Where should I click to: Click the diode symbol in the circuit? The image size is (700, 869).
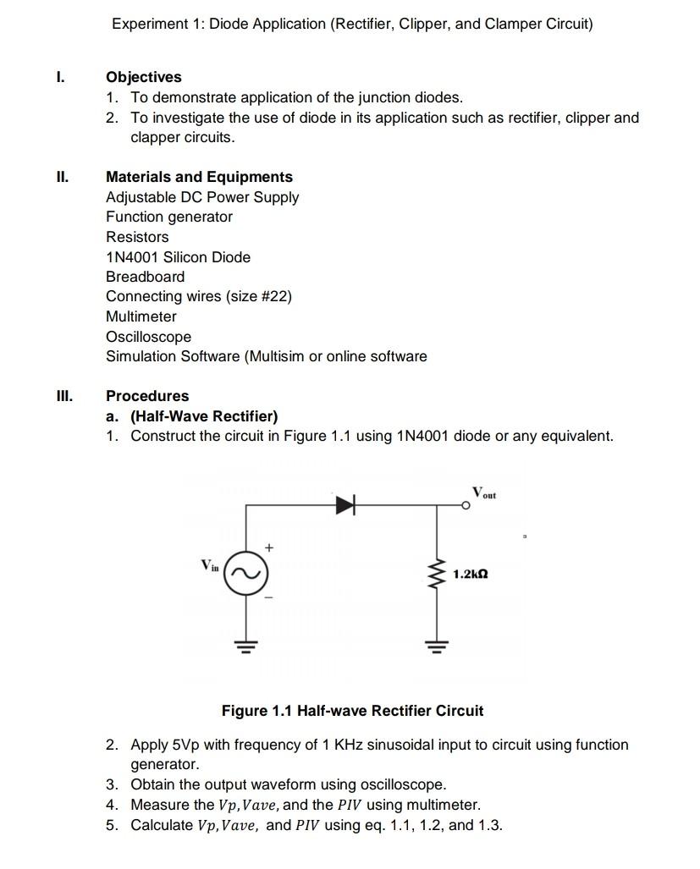click(344, 506)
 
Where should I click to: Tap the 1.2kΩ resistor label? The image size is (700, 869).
click(470, 574)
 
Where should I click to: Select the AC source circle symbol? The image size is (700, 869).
click(246, 573)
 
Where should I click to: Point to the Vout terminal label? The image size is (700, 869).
click(484, 492)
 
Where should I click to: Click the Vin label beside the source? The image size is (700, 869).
click(209, 564)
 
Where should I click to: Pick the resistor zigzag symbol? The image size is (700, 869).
click(437, 575)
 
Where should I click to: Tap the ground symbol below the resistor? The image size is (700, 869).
click(437, 647)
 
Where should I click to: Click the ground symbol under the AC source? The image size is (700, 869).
click(246, 647)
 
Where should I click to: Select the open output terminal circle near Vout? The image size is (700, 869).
click(466, 506)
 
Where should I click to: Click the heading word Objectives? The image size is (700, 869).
click(143, 77)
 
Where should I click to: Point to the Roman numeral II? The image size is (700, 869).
click(61, 177)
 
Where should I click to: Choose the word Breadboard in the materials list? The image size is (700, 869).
click(145, 277)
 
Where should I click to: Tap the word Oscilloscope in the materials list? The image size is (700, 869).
click(148, 337)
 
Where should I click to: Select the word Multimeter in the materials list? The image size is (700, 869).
click(141, 316)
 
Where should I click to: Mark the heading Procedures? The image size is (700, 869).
click(147, 396)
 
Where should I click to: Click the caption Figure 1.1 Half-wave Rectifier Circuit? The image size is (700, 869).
click(352, 711)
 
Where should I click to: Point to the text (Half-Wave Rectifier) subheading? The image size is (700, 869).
click(203, 416)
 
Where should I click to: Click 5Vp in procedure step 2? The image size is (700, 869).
click(188, 745)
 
